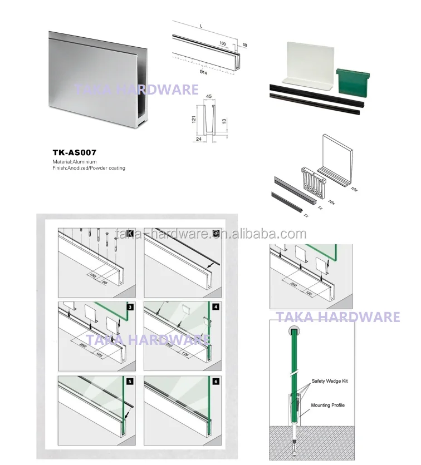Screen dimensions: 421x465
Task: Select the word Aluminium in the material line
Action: [x=85, y=161]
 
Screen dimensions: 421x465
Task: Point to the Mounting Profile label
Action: [x=328, y=405]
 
